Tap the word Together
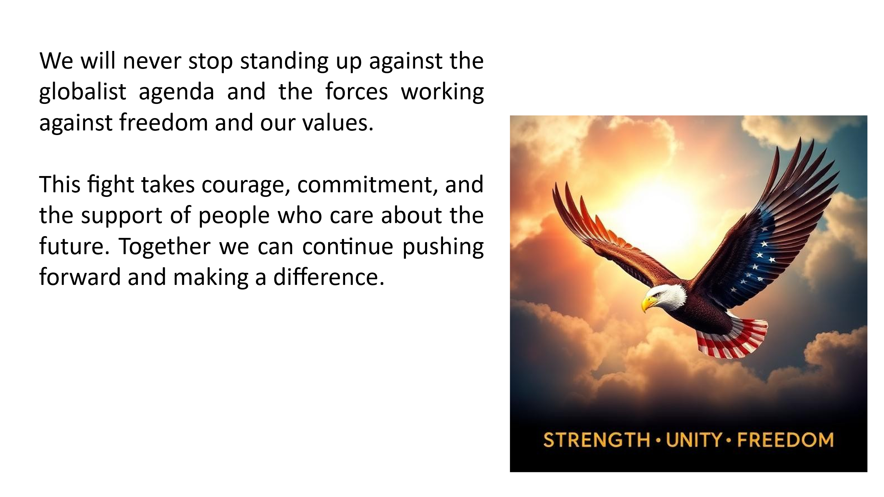pos(165,246)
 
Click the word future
pos(74,246)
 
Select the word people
pos(234,216)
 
